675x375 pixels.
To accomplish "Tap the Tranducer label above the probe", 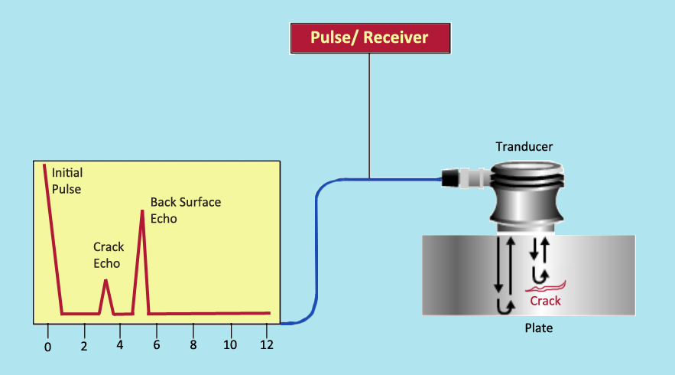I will [524, 146].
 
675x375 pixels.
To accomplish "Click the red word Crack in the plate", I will [545, 301].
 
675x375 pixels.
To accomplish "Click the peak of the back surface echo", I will [142, 210].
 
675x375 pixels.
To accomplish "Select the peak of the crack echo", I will [106, 281].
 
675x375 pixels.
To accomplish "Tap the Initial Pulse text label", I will [66, 181].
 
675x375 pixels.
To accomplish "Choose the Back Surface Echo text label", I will [185, 210].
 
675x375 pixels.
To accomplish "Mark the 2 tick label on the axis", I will [83, 346].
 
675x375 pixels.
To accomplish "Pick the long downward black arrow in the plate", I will [498, 265].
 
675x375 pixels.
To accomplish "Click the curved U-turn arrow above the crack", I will [541, 272].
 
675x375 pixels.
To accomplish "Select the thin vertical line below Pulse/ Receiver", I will [369, 115].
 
